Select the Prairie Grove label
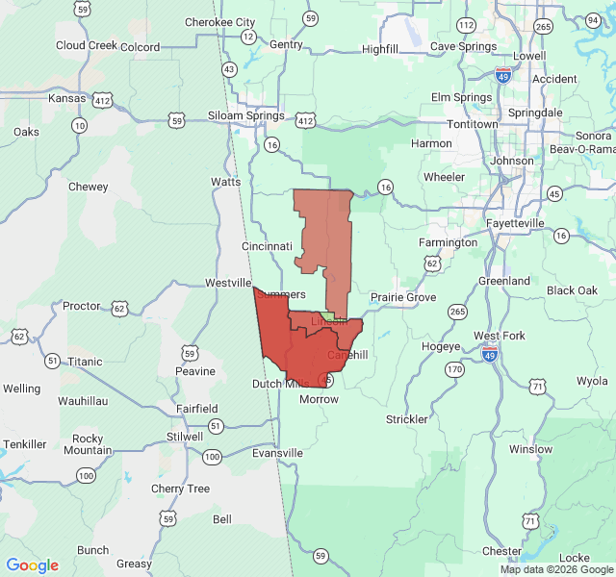[x=403, y=297]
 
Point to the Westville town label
[x=228, y=284]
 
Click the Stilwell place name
[x=185, y=436]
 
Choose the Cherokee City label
[x=219, y=22]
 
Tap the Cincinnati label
[x=267, y=246]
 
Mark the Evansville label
[x=277, y=453]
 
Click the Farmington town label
[x=449, y=242]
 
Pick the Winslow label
[x=531, y=449]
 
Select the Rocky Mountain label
[x=88, y=444]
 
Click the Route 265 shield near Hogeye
[x=457, y=311]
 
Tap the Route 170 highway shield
[x=452, y=368]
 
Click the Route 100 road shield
[x=87, y=475]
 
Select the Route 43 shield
[x=229, y=69]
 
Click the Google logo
[x=33, y=565]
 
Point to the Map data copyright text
[x=555, y=569]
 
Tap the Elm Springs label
[x=455, y=97]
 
